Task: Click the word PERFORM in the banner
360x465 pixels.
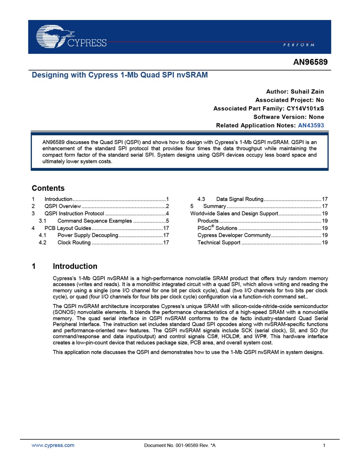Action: tap(299, 45)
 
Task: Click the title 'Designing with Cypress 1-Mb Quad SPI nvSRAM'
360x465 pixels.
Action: tap(120, 75)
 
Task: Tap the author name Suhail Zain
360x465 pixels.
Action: tap(307, 92)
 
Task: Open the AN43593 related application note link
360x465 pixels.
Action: tap(311, 125)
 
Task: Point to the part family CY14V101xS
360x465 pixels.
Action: tap(305, 108)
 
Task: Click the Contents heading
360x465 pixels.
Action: tap(48, 188)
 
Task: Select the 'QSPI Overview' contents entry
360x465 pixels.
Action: tap(63, 206)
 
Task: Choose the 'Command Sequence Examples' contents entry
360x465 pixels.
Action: tap(95, 221)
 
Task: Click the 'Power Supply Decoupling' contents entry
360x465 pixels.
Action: tap(88, 235)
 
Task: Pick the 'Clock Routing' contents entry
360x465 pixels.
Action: tap(74, 243)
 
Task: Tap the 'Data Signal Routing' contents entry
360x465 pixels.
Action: tap(240, 199)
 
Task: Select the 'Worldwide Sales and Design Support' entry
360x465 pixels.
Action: tap(234, 214)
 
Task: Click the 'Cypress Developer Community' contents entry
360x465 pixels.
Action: tap(234, 235)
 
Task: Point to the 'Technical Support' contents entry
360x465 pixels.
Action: tap(219, 243)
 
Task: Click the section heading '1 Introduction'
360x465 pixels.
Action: tap(75, 266)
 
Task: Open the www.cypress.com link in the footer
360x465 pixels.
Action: tap(53, 445)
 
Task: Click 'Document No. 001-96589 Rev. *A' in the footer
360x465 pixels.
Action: tap(180, 445)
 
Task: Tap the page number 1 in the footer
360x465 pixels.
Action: tap(324, 445)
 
